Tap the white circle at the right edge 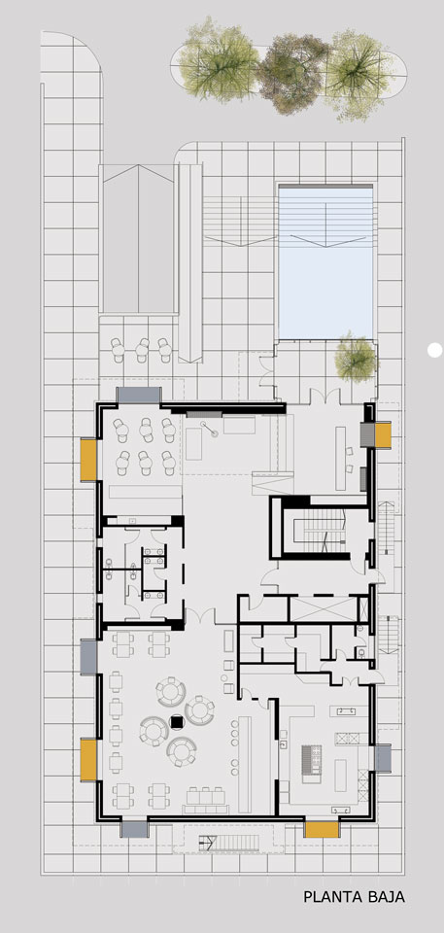click(435, 350)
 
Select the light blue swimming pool click(326, 263)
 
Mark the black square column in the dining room click(177, 722)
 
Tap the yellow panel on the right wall click(383, 434)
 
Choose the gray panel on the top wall click(139, 395)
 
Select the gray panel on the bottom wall click(134, 829)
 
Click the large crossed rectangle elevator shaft click(323, 608)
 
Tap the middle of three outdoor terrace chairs click(142, 350)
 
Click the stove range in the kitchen click(311, 760)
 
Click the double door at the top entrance click(325, 396)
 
